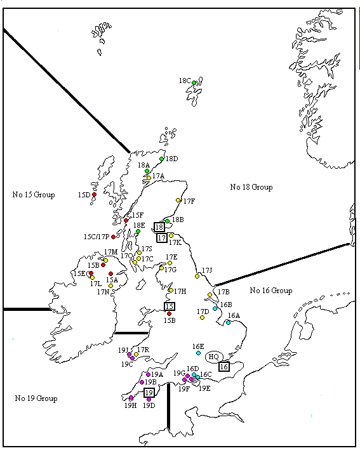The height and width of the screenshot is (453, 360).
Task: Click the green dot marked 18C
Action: pyautogui.click(x=194, y=82)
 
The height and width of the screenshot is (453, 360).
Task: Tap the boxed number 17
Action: pyautogui.click(x=161, y=237)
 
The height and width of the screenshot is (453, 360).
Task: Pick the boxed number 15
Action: pyautogui.click(x=170, y=306)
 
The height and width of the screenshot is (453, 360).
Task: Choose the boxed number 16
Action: pyautogui.click(x=223, y=366)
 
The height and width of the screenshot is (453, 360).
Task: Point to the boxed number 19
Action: pyautogui.click(x=149, y=393)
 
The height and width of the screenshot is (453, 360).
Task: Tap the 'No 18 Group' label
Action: pyautogui.click(x=251, y=187)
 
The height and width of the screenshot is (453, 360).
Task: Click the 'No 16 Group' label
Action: pyautogui.click(x=270, y=291)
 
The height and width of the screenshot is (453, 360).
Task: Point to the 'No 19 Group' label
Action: pyautogui.click(x=36, y=398)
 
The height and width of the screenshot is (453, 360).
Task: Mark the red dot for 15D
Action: pyautogui.click(x=94, y=194)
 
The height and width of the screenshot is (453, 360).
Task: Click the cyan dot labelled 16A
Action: pyautogui.click(x=228, y=322)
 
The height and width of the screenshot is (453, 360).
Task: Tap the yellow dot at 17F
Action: pyautogui.click(x=178, y=200)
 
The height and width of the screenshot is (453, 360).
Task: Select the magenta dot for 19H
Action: pyautogui.click(x=131, y=398)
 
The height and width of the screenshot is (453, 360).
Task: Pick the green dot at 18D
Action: pyautogui.click(x=162, y=159)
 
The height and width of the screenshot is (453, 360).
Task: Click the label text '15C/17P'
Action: pyautogui.click(x=96, y=237)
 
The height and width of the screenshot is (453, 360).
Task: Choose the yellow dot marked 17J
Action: pyautogui.click(x=197, y=277)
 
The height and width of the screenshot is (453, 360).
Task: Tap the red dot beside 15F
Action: pyautogui.click(x=126, y=220)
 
